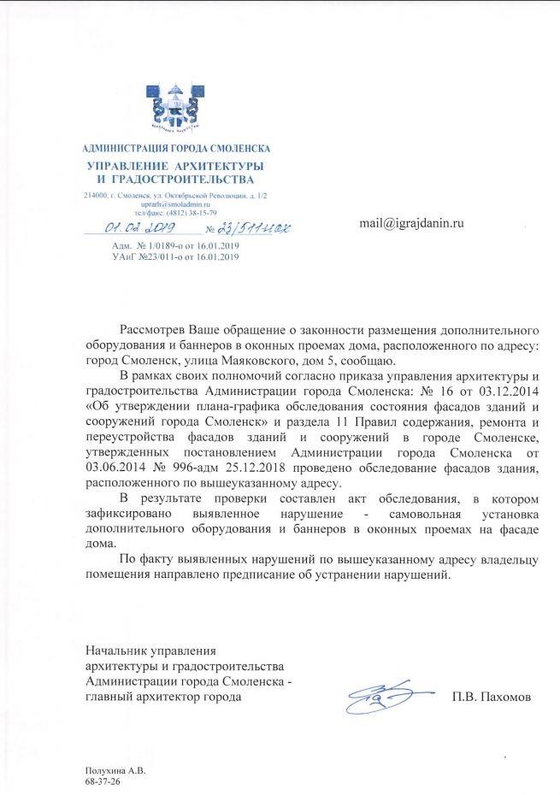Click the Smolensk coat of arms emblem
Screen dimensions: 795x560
(x=176, y=106)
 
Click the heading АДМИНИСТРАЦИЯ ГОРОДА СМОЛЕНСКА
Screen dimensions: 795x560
(x=175, y=150)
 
